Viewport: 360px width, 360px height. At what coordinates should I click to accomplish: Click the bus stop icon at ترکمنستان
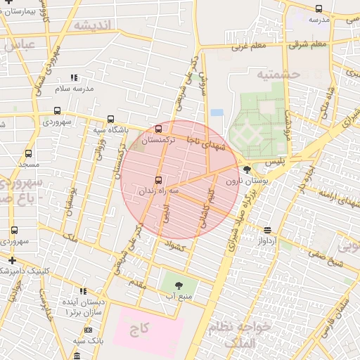coord(158,129)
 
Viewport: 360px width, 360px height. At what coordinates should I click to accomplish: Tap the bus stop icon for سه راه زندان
coord(158,180)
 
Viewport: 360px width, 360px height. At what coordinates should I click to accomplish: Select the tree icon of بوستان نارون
coord(247,169)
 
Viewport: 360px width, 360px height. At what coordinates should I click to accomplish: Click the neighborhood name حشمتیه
coord(278,74)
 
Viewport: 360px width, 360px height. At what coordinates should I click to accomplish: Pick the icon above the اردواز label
coord(268,230)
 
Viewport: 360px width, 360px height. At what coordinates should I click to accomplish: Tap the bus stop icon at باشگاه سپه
coord(110,120)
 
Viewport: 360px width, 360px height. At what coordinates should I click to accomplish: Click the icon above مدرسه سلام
coord(74,77)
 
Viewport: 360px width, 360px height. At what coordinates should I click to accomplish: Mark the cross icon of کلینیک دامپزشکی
coord(11,260)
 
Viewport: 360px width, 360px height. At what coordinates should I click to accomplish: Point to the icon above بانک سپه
coord(88,330)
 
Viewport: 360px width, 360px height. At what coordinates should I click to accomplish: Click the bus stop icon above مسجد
coord(28,153)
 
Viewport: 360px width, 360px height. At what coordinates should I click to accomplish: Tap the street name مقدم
coord(136,282)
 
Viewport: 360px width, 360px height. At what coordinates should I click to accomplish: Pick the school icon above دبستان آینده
coord(83,291)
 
